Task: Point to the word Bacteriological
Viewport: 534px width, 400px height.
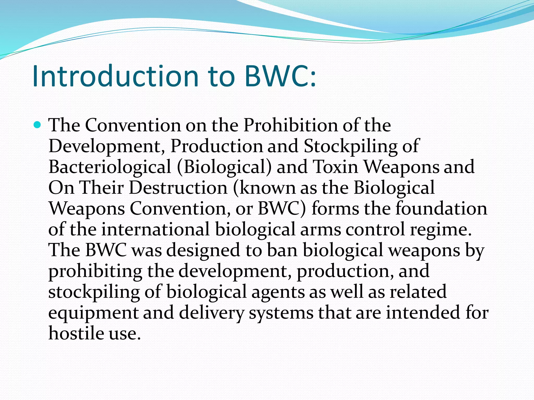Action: click(110, 167)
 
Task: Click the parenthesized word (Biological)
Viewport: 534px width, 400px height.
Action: click(224, 167)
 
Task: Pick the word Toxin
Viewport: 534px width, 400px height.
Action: click(335, 167)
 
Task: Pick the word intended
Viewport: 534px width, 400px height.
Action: click(423, 313)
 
